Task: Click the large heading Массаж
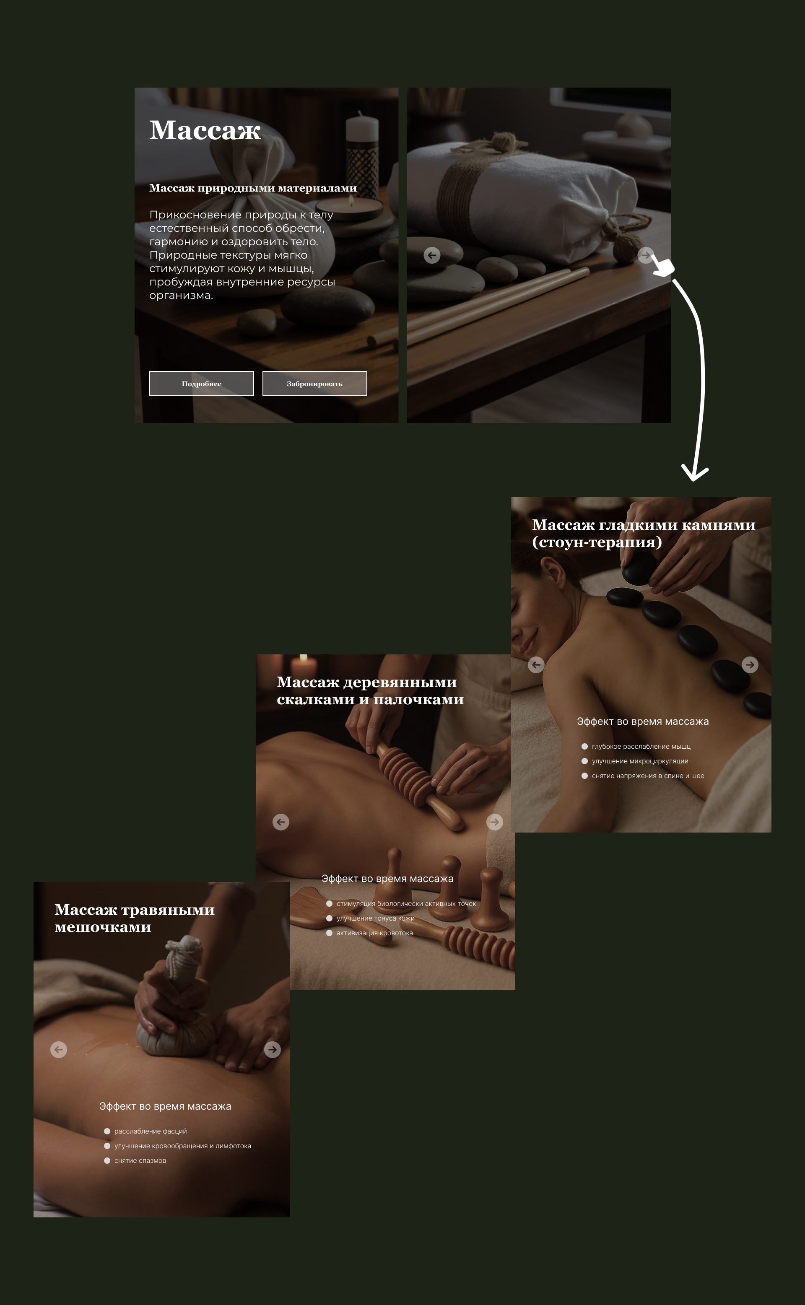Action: (x=205, y=130)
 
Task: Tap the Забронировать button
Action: (x=314, y=384)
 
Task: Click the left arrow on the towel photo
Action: (x=432, y=255)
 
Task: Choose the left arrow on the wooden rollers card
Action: (x=281, y=822)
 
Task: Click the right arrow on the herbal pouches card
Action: (x=273, y=1050)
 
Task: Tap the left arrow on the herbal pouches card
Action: (x=59, y=1050)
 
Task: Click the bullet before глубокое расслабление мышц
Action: (x=584, y=747)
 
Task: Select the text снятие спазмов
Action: (x=140, y=1161)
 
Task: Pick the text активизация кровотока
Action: (x=375, y=933)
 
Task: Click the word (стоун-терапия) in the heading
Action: (x=597, y=542)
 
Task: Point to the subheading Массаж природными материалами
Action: (x=253, y=188)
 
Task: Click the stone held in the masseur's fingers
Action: (x=639, y=568)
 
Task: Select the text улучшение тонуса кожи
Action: (x=375, y=918)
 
